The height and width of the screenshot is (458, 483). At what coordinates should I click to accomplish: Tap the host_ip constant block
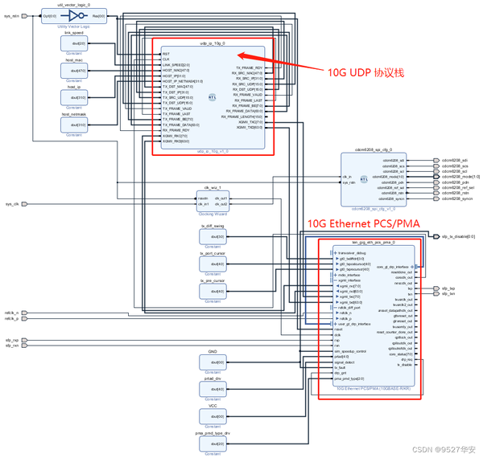coord(74,98)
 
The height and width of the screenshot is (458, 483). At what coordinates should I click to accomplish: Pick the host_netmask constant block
coord(74,125)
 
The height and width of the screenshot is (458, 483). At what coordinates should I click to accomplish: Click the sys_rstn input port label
coord(11,15)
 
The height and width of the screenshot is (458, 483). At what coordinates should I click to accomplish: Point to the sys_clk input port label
coord(11,204)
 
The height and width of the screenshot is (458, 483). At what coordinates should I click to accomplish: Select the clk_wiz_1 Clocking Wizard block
coord(213,200)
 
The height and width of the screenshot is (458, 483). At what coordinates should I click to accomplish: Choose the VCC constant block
coord(213,415)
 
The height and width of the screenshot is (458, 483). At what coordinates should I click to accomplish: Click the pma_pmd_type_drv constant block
coord(213,443)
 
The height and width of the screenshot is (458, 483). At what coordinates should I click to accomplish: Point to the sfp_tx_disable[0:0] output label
coord(459,237)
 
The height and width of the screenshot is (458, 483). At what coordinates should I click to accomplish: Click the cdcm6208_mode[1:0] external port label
coord(460,176)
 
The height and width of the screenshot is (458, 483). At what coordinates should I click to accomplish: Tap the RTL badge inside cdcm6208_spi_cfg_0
coord(364,179)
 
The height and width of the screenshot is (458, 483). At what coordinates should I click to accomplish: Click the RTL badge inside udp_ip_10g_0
coord(212,96)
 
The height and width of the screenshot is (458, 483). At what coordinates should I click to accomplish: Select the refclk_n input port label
coord(11,312)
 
